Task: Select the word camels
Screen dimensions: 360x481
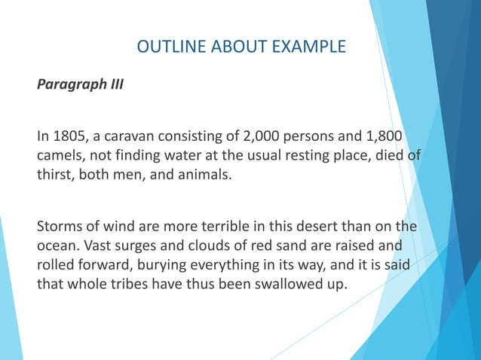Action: click(x=61, y=155)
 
